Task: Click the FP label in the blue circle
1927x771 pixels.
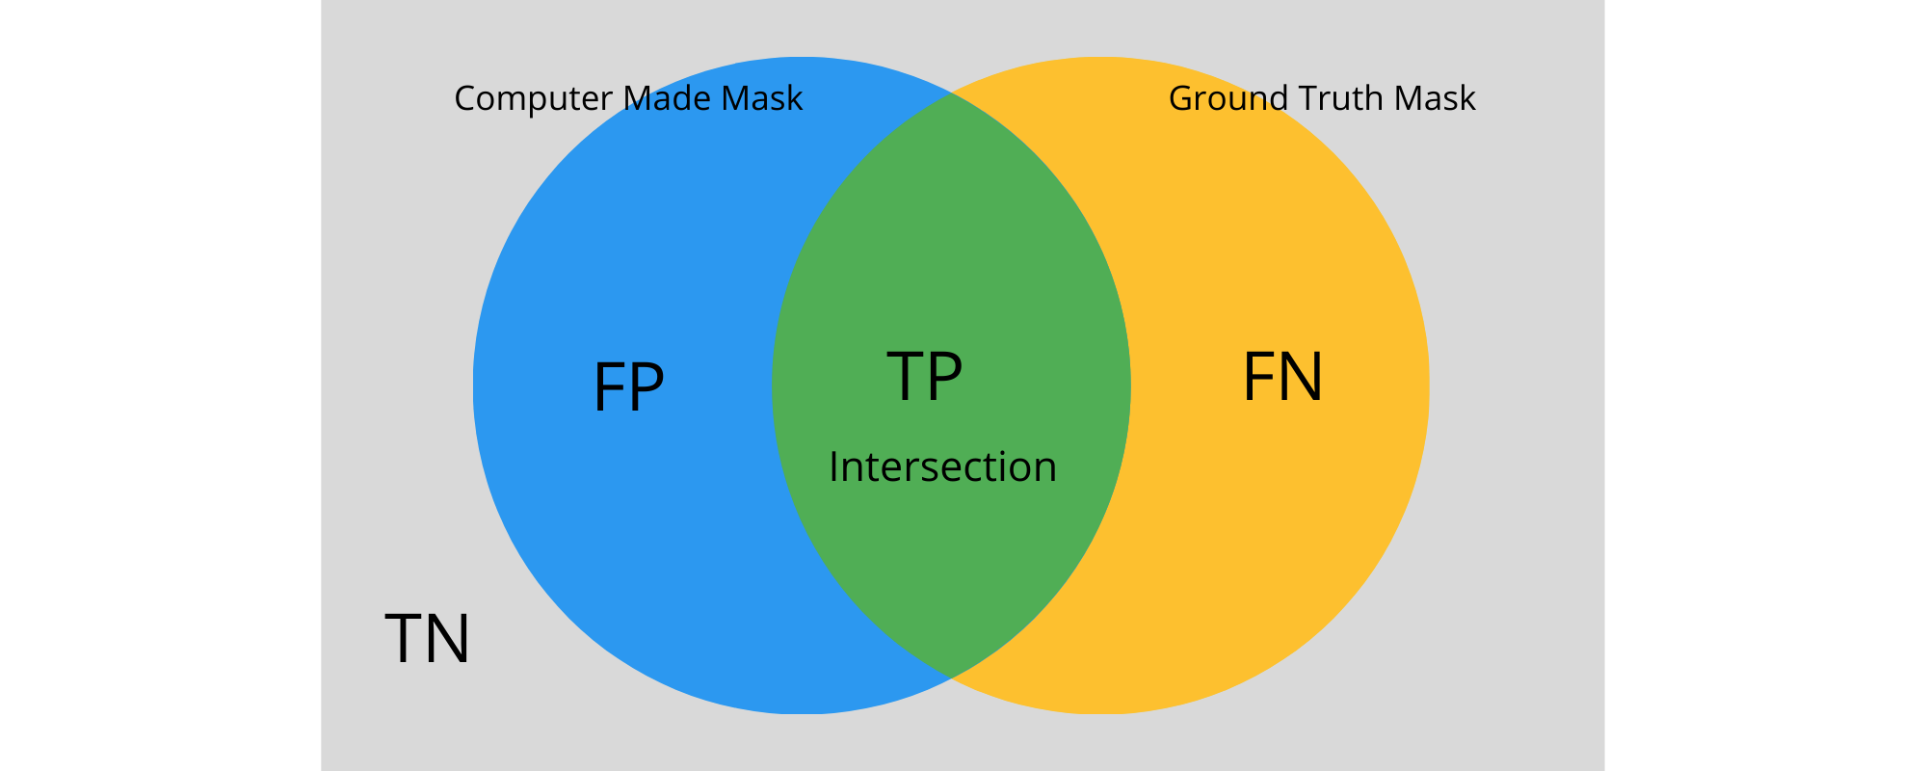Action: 628,387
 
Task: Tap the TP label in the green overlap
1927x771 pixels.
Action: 924,376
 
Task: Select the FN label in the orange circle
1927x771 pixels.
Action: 1282,377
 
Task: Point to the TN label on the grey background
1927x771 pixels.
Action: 427,639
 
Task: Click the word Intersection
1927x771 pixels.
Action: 942,467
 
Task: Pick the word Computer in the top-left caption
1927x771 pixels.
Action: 533,99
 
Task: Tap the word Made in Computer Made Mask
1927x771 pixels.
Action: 668,98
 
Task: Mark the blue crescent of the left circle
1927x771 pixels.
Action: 617,530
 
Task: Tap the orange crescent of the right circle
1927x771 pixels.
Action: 1281,530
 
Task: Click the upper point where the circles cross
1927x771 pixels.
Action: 951,93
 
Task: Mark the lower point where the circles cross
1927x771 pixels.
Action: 951,678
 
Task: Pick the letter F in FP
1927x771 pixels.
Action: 609,387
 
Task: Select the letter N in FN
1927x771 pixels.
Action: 1302,377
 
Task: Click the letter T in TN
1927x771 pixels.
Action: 405,639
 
